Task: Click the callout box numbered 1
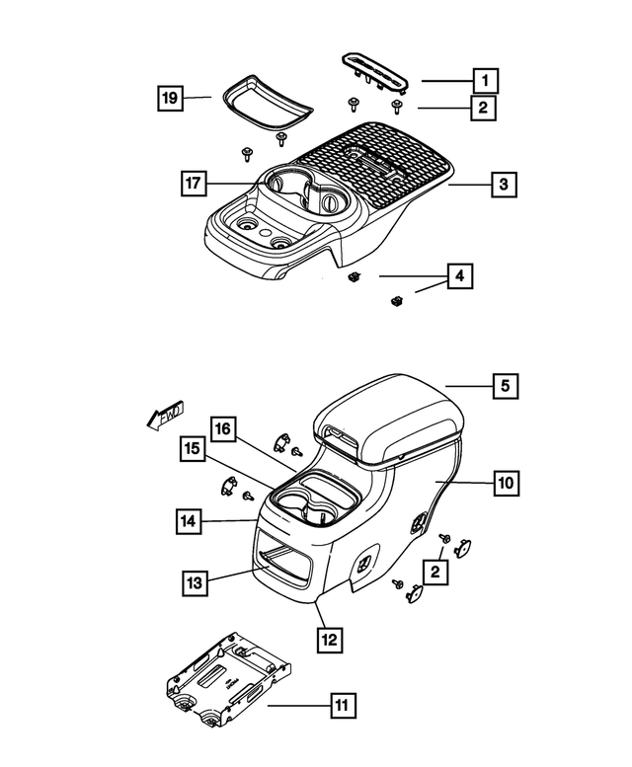(484, 79)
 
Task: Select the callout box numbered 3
(503, 184)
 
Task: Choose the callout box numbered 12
(329, 640)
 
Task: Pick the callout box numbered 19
(171, 98)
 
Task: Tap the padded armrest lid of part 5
(385, 416)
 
